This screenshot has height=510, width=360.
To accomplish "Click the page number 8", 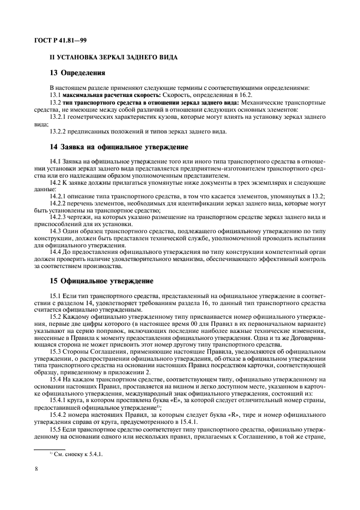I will (x=35, y=467).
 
